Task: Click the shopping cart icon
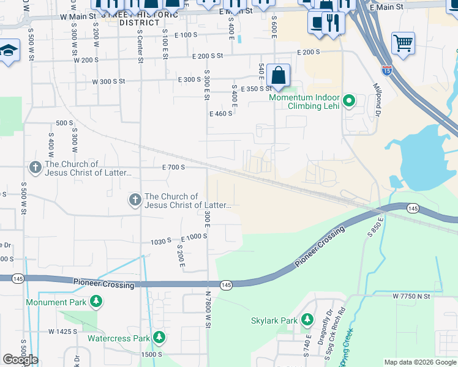pyautogui.click(x=403, y=43)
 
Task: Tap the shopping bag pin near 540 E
pyautogui.click(x=278, y=76)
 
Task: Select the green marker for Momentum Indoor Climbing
pyautogui.click(x=349, y=100)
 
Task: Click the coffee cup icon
pyautogui.click(x=317, y=23)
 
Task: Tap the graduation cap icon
pyautogui.click(x=9, y=50)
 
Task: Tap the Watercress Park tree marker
pyautogui.click(x=159, y=338)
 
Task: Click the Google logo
pyautogui.click(x=20, y=360)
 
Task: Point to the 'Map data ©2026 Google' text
pyautogui.click(x=419, y=362)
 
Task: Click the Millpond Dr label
pyautogui.click(x=377, y=100)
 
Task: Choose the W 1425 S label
pyautogui.click(x=64, y=332)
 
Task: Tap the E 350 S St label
pyautogui.click(x=256, y=89)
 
